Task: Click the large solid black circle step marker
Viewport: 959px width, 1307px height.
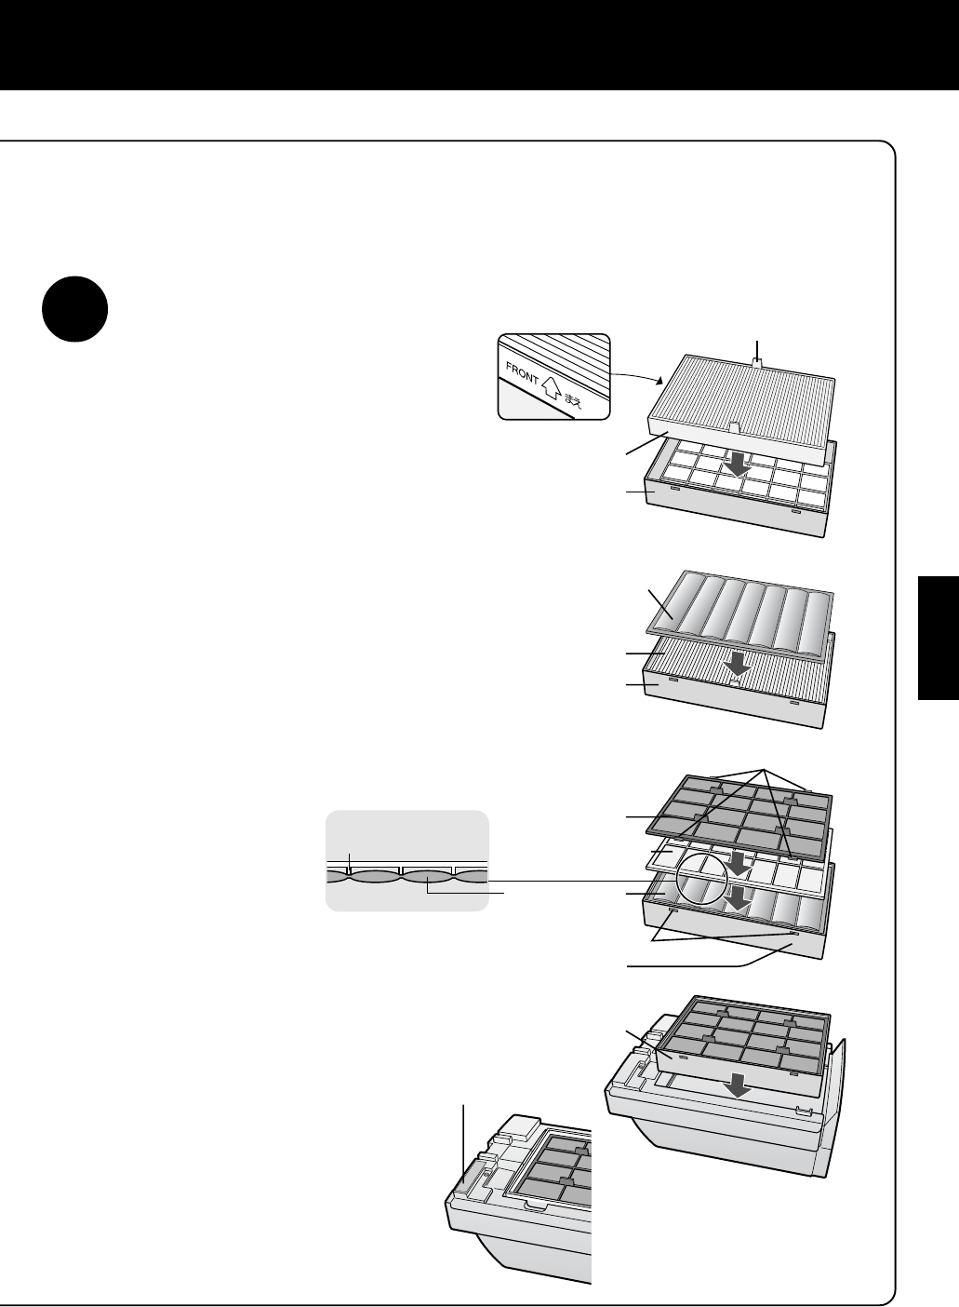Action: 74,309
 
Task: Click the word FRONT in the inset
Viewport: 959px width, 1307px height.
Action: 523,374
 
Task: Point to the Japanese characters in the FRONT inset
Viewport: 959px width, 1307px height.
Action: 572,401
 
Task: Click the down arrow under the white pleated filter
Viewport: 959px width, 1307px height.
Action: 738,465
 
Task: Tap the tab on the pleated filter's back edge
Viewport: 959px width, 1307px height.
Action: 757,363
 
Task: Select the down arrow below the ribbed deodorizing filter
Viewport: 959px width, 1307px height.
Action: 738,665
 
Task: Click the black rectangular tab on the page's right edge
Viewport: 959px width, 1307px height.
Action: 939,638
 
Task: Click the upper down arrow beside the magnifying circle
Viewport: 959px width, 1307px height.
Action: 738,863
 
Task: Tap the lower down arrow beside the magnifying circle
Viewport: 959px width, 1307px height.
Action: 738,898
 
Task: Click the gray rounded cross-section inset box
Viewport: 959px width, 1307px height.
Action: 406,861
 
